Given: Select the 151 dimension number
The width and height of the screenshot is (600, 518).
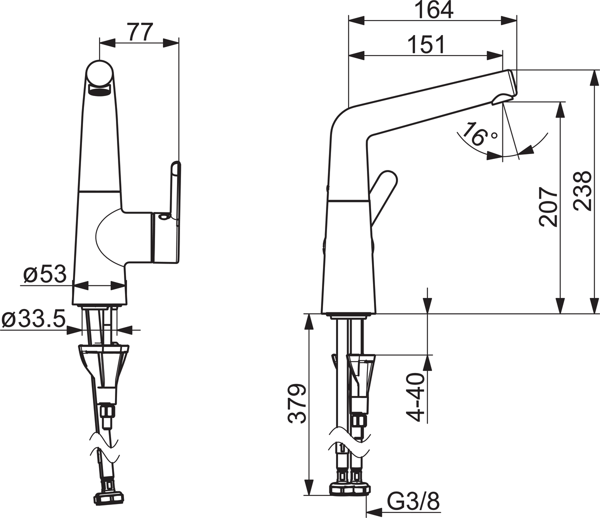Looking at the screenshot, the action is tap(426, 44).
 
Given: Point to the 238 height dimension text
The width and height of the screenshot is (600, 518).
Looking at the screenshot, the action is tap(582, 191).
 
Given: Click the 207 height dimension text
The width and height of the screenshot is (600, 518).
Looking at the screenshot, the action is tap(548, 206).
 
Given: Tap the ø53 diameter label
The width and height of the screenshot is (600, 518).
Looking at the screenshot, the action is tap(45, 274).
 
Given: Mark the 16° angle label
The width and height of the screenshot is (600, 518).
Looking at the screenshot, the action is tap(479, 134).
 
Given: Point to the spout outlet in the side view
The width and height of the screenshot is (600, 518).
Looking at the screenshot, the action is tap(501, 100).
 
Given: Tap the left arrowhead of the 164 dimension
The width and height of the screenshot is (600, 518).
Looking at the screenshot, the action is tap(356, 20).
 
